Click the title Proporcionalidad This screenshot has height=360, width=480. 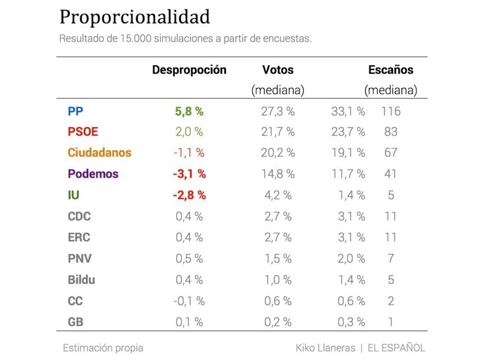[134, 17]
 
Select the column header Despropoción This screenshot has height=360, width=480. [189, 70]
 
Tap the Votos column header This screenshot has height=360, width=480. [278, 70]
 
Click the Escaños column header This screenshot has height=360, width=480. [391, 70]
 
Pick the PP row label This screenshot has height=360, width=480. [75, 111]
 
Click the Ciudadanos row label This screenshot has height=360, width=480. [99, 152]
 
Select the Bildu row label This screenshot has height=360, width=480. [81, 280]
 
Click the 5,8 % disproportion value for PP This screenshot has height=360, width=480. [189, 111]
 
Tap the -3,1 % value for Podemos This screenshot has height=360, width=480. [189, 174]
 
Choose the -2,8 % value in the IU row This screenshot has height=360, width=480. [189, 195]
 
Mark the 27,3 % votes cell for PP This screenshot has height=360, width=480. [278, 111]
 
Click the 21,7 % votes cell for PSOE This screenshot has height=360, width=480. [278, 132]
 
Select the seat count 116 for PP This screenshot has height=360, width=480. [390, 111]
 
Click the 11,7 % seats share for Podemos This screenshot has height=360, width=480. [348, 174]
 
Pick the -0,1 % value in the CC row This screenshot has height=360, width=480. [189, 301]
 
